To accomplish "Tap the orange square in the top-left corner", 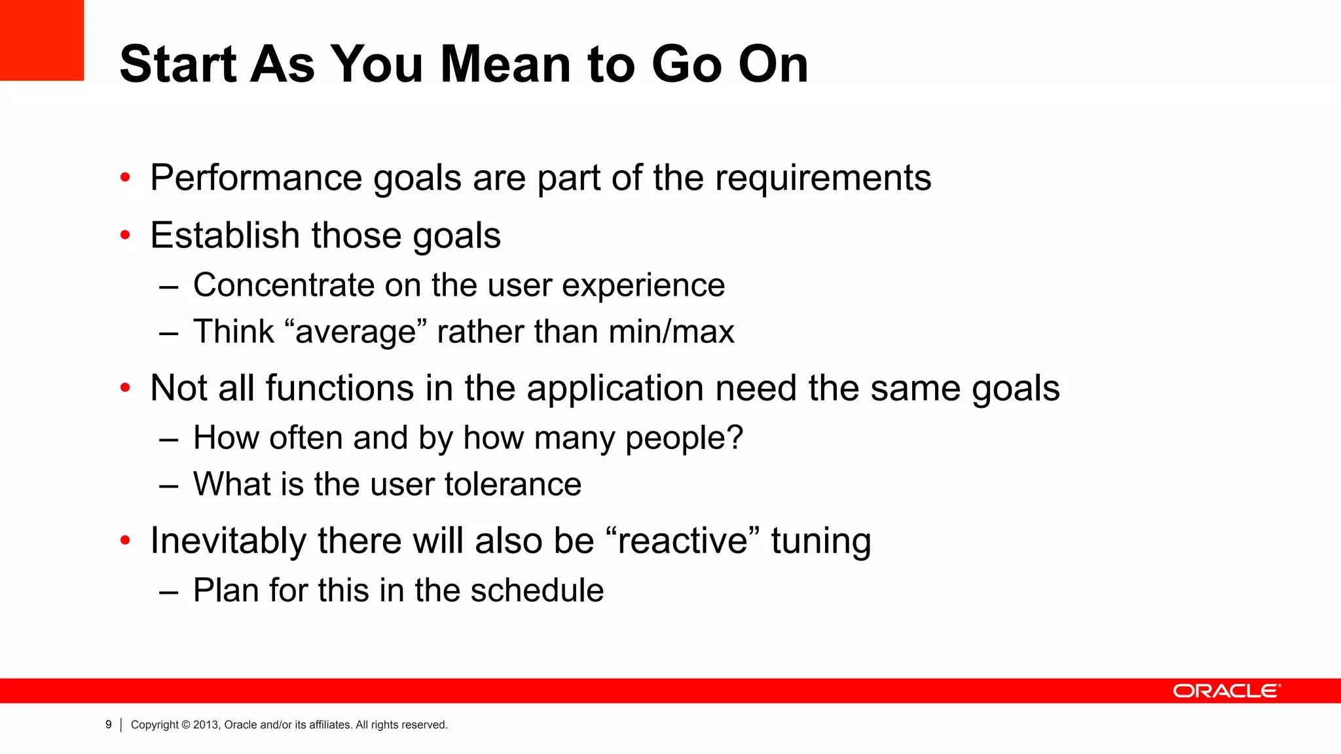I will [42, 40].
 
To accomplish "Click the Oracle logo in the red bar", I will [1226, 691].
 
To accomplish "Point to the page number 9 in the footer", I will [109, 725].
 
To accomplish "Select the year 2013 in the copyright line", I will [206, 725].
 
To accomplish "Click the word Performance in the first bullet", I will [256, 178].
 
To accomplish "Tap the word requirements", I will [822, 178].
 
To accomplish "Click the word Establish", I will [225, 236].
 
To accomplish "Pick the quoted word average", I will [356, 332].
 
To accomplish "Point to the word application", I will [615, 388].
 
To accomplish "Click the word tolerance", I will [513, 484].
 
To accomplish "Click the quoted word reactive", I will [683, 541].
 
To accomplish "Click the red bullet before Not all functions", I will [126, 388].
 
